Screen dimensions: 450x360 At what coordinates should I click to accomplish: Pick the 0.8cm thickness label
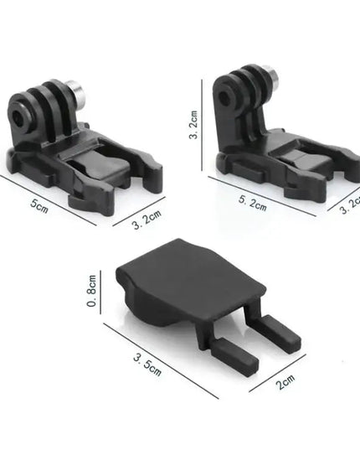pos(94,293)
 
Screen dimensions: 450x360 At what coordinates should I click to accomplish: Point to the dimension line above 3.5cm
pos(159,358)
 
